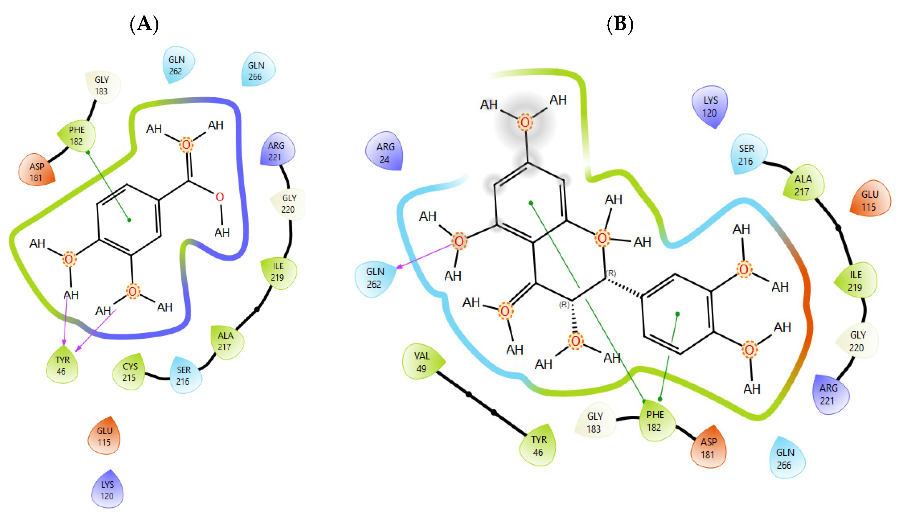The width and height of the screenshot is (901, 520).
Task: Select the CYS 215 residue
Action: click(x=129, y=372)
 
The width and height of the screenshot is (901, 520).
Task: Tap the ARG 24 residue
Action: click(x=385, y=153)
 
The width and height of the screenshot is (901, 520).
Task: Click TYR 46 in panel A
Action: click(x=62, y=365)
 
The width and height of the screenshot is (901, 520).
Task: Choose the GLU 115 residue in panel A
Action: click(x=104, y=436)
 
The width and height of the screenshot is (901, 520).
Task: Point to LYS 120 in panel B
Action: click(x=709, y=106)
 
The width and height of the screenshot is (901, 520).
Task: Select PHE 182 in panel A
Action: click(x=77, y=135)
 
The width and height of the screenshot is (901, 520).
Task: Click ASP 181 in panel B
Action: click(x=708, y=448)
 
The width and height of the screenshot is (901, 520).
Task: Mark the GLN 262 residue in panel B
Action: click(x=374, y=278)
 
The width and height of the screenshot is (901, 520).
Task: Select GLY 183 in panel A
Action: click(x=102, y=85)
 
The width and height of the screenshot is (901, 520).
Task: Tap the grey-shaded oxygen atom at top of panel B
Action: click(x=524, y=122)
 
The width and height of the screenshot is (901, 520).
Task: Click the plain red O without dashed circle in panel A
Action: click(x=220, y=197)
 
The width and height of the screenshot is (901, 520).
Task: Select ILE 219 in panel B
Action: click(x=855, y=281)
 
